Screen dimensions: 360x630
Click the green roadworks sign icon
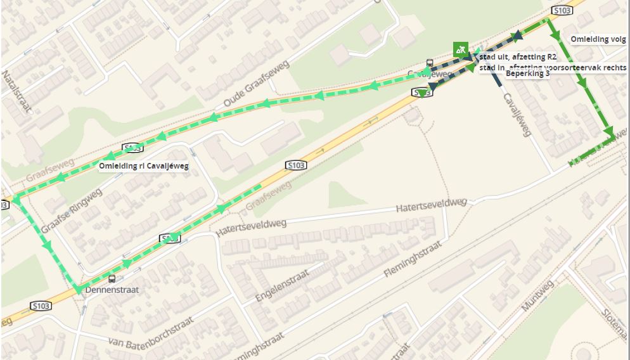pyautogui.click(x=461, y=49)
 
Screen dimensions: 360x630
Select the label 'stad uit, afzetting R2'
pyautogui.click(x=518, y=57)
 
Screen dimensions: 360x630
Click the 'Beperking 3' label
pyautogui.click(x=527, y=74)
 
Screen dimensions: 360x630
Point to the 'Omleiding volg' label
pyautogui.click(x=598, y=39)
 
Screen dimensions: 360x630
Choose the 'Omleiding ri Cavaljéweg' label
pyautogui.click(x=144, y=166)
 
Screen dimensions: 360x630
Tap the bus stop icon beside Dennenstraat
pyautogui.click(x=112, y=278)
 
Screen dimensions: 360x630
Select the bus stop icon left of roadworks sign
pyautogui.click(x=430, y=63)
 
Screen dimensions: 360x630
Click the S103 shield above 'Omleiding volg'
pyautogui.click(x=562, y=11)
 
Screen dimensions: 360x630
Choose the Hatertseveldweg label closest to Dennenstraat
pyautogui.click(x=251, y=228)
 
